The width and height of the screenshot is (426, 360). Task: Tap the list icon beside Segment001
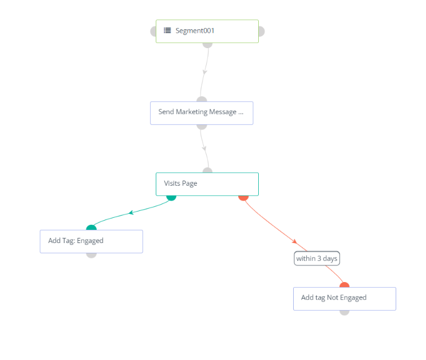[167, 30]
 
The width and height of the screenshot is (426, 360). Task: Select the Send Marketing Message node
[202, 113]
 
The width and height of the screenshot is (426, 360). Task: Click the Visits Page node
[207, 184]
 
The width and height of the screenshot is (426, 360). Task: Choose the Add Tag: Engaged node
[91, 241]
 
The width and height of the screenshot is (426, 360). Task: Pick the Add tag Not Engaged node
[344, 299]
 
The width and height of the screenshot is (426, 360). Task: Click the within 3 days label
[317, 259]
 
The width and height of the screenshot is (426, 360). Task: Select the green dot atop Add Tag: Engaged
[91, 228]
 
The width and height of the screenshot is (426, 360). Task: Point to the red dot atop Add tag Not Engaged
[344, 285]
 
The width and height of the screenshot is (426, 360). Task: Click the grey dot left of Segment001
[153, 31]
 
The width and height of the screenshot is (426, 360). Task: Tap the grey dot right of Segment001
[261, 31]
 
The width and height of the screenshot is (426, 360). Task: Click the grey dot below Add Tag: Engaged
[91, 255]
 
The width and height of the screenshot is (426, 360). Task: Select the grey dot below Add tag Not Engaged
[344, 312]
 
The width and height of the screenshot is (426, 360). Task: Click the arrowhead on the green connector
[131, 212]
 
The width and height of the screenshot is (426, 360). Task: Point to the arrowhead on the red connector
[294, 241]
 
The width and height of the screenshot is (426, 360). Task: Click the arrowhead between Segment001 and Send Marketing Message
[204, 72]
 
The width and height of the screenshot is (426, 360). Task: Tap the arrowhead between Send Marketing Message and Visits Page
[204, 148]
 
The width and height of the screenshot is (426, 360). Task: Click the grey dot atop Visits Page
[207, 170]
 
